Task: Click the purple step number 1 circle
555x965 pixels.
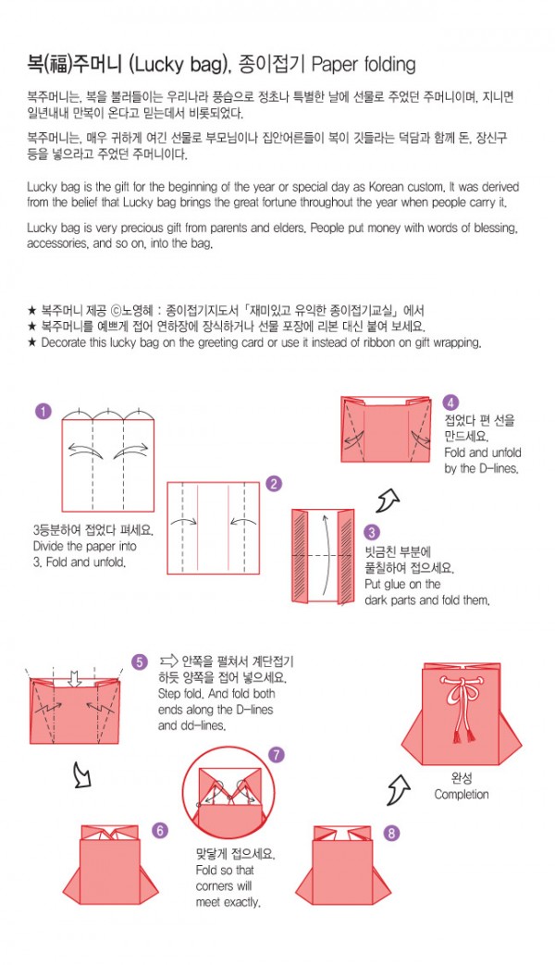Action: tap(43, 411)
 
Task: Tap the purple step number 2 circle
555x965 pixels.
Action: tap(274, 484)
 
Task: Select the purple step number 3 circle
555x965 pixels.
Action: tap(371, 532)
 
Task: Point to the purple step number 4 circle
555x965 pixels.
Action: tap(450, 402)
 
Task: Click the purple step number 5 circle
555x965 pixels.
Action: tap(140, 662)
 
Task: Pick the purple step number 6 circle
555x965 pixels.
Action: tap(160, 830)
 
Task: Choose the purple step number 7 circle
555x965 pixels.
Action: tap(277, 755)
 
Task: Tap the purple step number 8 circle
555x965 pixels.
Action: tap(391, 834)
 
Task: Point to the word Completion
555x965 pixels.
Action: tap(462, 795)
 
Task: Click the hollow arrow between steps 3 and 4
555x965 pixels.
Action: tap(388, 501)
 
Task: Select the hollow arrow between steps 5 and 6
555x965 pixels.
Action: tap(81, 774)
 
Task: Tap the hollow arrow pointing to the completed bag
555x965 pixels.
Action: tap(399, 790)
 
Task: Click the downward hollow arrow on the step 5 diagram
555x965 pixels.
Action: tap(74, 679)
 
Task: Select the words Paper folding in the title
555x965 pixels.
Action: tap(364, 64)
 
